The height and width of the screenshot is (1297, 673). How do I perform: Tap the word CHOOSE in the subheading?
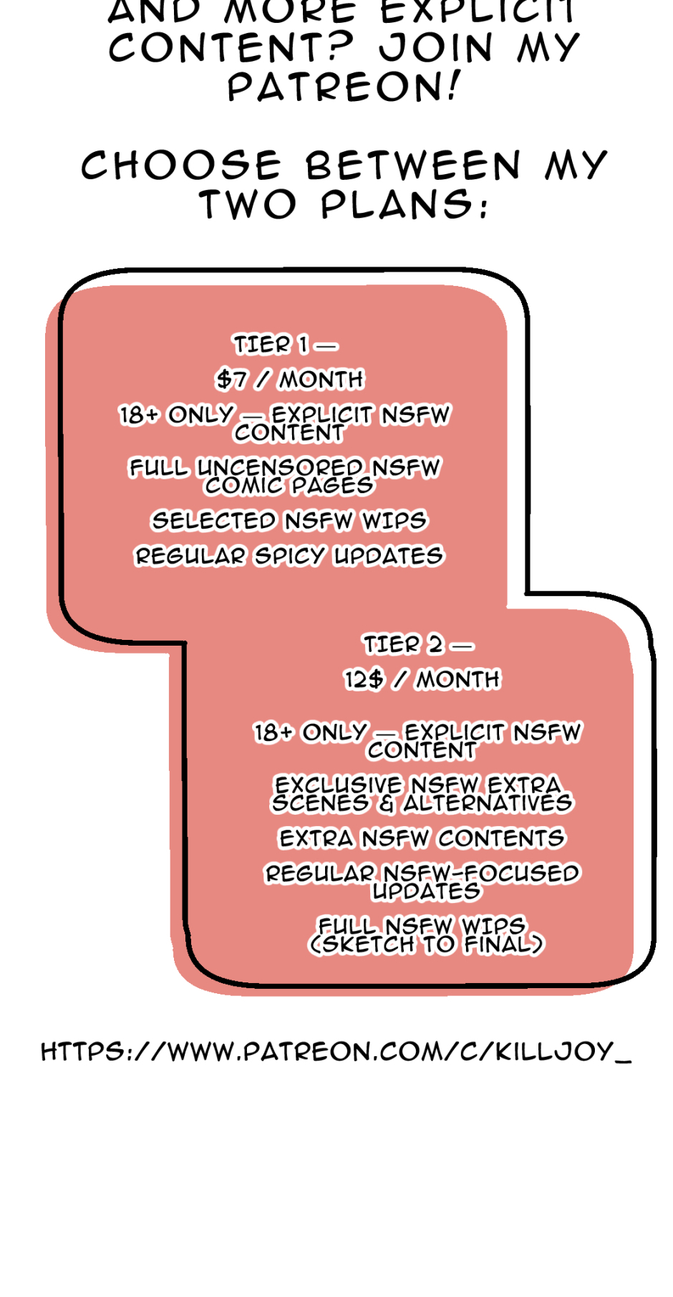point(180,166)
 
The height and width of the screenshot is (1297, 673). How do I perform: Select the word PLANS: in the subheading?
point(405,205)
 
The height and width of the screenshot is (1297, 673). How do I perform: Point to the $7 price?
point(232,379)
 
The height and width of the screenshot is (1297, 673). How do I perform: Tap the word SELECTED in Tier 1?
point(213,520)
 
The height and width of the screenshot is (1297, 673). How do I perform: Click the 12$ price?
point(364,679)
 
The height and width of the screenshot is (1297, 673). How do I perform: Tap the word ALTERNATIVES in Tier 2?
point(488,803)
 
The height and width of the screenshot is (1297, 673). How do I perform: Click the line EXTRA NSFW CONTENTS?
point(422,838)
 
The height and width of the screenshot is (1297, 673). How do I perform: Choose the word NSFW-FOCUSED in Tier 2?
point(481,874)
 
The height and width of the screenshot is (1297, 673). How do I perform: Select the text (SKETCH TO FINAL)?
point(426,944)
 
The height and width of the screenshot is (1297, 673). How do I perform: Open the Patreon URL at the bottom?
point(336,1052)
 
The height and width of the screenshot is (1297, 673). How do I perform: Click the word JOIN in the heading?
point(436,48)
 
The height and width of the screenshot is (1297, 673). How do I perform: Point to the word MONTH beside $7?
point(321,379)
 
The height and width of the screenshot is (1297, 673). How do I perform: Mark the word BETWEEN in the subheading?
point(413,166)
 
